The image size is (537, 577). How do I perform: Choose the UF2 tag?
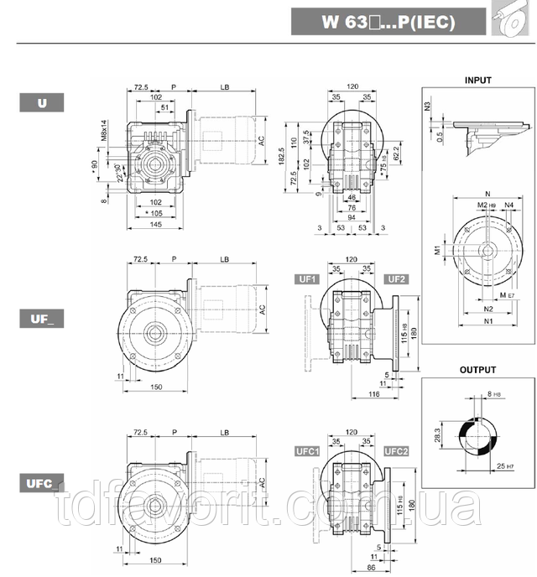[397, 279]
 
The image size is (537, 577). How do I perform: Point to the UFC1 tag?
[308, 451]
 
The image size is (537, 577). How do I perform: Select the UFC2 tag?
[397, 451]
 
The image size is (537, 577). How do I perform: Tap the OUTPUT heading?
[477, 370]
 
